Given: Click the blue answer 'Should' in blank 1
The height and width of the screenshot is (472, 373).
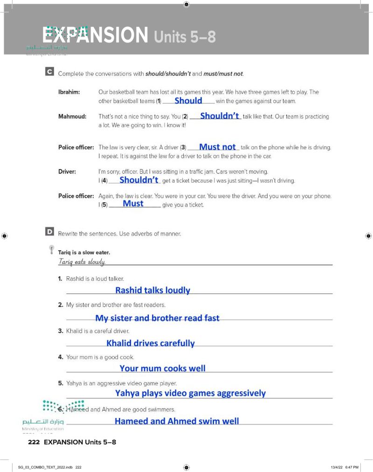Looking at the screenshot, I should [x=188, y=100].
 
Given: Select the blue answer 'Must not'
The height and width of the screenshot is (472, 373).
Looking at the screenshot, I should [x=217, y=147].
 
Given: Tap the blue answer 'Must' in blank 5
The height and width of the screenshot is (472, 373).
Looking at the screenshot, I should [x=133, y=204].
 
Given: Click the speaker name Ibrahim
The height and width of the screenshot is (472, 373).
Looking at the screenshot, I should [x=69, y=92].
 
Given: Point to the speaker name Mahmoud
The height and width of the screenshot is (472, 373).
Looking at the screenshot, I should [x=72, y=116].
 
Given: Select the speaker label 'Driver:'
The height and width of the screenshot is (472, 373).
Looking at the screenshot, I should [x=67, y=171].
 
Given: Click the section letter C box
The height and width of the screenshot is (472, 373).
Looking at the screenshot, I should [x=49, y=73].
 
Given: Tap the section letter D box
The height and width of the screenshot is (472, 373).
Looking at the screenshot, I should [x=49, y=232].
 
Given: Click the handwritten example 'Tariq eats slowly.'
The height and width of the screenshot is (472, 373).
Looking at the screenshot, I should [x=82, y=262].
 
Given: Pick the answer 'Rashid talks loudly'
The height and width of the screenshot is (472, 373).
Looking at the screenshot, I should [x=152, y=290].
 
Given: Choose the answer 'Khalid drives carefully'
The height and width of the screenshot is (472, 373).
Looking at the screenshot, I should [x=150, y=343].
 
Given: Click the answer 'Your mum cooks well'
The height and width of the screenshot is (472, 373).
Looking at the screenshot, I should [x=162, y=368].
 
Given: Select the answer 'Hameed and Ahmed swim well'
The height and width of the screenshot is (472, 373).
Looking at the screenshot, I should [x=177, y=421].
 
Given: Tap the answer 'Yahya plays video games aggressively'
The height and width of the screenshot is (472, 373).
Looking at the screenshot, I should [x=190, y=393].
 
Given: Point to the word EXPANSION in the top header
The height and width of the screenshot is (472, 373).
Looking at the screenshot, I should [x=96, y=35].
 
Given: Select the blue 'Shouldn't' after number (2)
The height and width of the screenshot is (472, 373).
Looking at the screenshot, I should [x=219, y=116].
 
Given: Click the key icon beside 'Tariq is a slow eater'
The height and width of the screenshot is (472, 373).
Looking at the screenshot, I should [x=51, y=250].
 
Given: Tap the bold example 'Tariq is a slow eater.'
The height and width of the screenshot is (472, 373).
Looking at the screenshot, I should [x=84, y=253].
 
